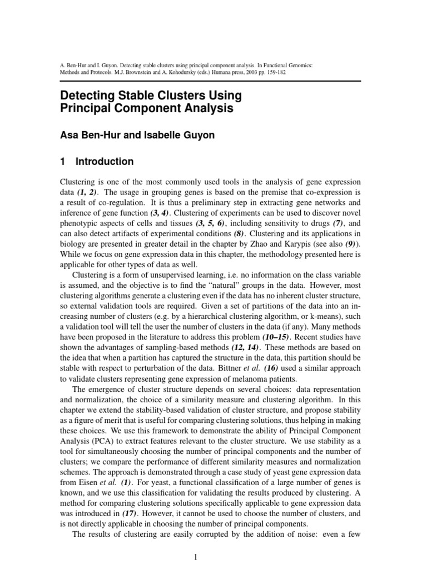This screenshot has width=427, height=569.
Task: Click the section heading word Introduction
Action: point(105,162)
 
